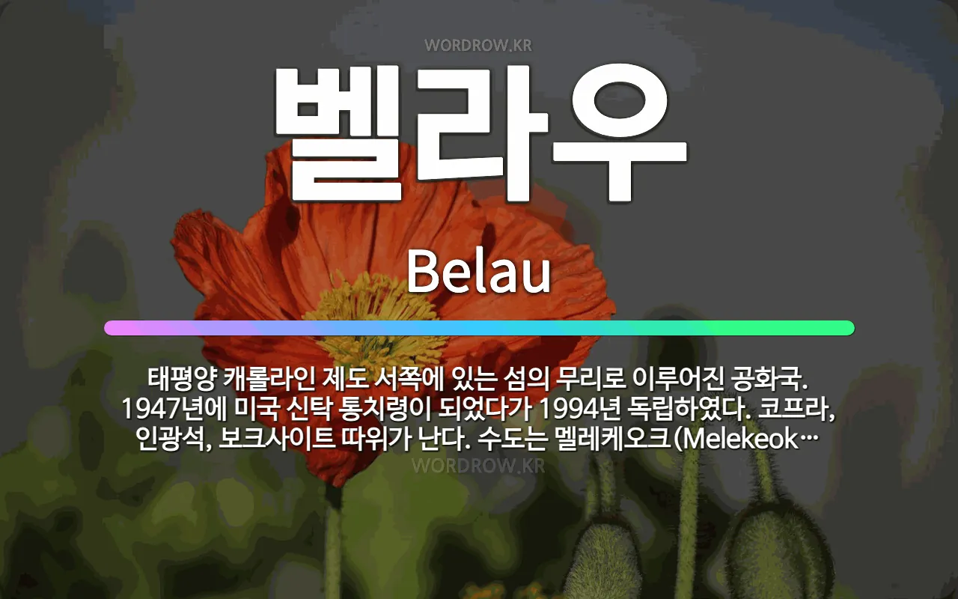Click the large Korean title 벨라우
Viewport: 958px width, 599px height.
pos(480,133)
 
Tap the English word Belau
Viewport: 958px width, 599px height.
pos(478,272)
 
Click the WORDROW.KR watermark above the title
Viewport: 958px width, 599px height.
pos(478,46)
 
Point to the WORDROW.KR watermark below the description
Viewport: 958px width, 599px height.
pos(478,466)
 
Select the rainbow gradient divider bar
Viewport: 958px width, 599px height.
pos(479,328)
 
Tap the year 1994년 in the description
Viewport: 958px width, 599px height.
pos(579,409)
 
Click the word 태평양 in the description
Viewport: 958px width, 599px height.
pos(181,379)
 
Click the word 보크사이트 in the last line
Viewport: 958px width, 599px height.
pos(276,439)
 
